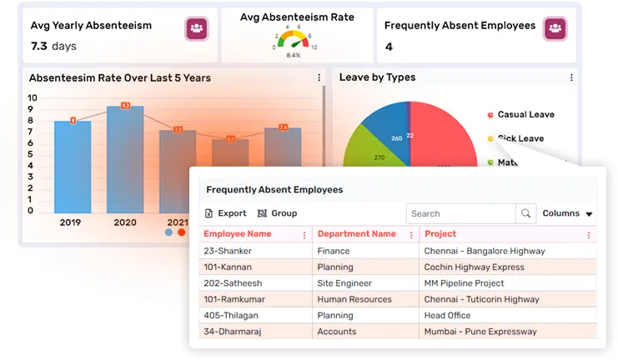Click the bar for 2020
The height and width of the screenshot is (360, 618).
pos(125,158)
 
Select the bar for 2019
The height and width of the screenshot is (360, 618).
pos(73,167)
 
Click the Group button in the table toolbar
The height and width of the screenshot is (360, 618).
pos(278,213)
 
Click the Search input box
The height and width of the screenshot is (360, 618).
pos(461,214)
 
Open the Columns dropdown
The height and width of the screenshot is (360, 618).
pos(567,213)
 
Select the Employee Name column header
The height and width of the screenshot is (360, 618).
pos(238,234)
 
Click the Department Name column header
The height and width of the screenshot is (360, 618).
pos(356,234)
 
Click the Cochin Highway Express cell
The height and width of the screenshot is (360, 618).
pos(474,267)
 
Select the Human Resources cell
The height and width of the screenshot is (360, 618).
pos(354,299)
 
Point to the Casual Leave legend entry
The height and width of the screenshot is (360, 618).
pos(525,114)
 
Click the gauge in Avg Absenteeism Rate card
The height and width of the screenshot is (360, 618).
pos(293,40)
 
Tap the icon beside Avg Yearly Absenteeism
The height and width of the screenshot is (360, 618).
pos(197,28)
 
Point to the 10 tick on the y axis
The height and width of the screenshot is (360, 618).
pos(32,97)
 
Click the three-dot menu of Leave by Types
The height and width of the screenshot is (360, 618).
pos(571,77)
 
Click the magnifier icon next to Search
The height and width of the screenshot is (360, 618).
pos(526,214)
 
